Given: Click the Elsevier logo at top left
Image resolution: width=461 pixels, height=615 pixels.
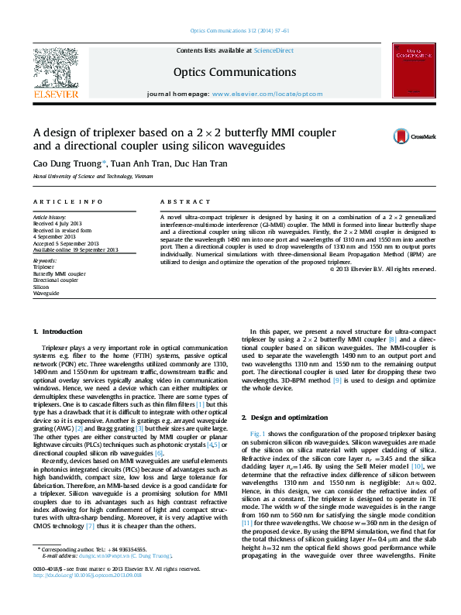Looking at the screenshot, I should point(55,74).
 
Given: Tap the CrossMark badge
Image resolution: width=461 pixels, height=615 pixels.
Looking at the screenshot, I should point(403,136).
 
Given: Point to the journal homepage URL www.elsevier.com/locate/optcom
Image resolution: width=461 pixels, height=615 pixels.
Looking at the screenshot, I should point(267,93).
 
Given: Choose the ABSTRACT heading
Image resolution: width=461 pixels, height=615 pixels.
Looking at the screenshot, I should point(174,201).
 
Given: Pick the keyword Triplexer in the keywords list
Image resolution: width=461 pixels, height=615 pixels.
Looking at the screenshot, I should point(44,266).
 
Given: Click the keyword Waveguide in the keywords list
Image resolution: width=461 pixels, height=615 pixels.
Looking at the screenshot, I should point(46,294).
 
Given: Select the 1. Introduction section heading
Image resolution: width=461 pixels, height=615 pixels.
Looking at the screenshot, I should point(58,332).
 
